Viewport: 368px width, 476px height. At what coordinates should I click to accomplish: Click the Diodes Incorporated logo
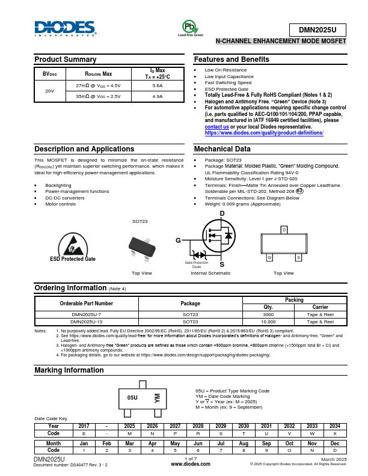pyautogui.click(x=65, y=29)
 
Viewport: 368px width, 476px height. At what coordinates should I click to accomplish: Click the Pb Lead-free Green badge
pyautogui.click(x=190, y=28)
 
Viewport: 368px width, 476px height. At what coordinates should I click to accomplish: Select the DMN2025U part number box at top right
pyautogui.click(x=317, y=29)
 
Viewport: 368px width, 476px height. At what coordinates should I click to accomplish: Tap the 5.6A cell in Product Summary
pyautogui.click(x=158, y=86)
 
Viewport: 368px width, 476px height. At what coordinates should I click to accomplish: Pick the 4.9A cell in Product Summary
pyautogui.click(x=158, y=96)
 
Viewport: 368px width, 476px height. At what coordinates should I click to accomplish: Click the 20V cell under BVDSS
pyautogui.click(x=49, y=91)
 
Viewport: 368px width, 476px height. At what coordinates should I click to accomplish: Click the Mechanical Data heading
pyautogui.click(x=222, y=149)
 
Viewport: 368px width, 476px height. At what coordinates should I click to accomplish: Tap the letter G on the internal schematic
pyautogui.click(x=178, y=240)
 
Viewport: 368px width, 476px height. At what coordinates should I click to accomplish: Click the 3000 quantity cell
pyautogui.click(x=268, y=314)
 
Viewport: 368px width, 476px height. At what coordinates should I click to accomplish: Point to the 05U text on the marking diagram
pyautogui.click(x=132, y=398)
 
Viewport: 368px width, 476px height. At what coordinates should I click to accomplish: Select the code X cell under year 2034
pyautogui.click(x=335, y=433)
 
